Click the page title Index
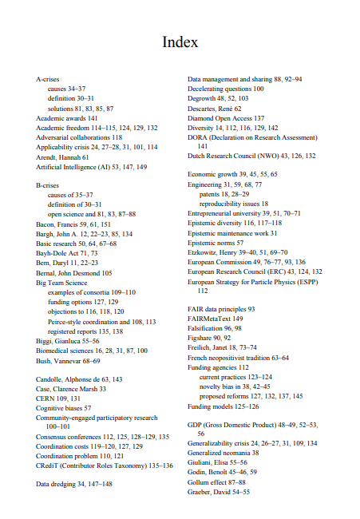click(x=180, y=42)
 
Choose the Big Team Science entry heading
click(x=61, y=282)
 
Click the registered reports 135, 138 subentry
click(x=85, y=331)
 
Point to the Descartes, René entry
click(x=214, y=108)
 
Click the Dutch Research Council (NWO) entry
click(x=251, y=156)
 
